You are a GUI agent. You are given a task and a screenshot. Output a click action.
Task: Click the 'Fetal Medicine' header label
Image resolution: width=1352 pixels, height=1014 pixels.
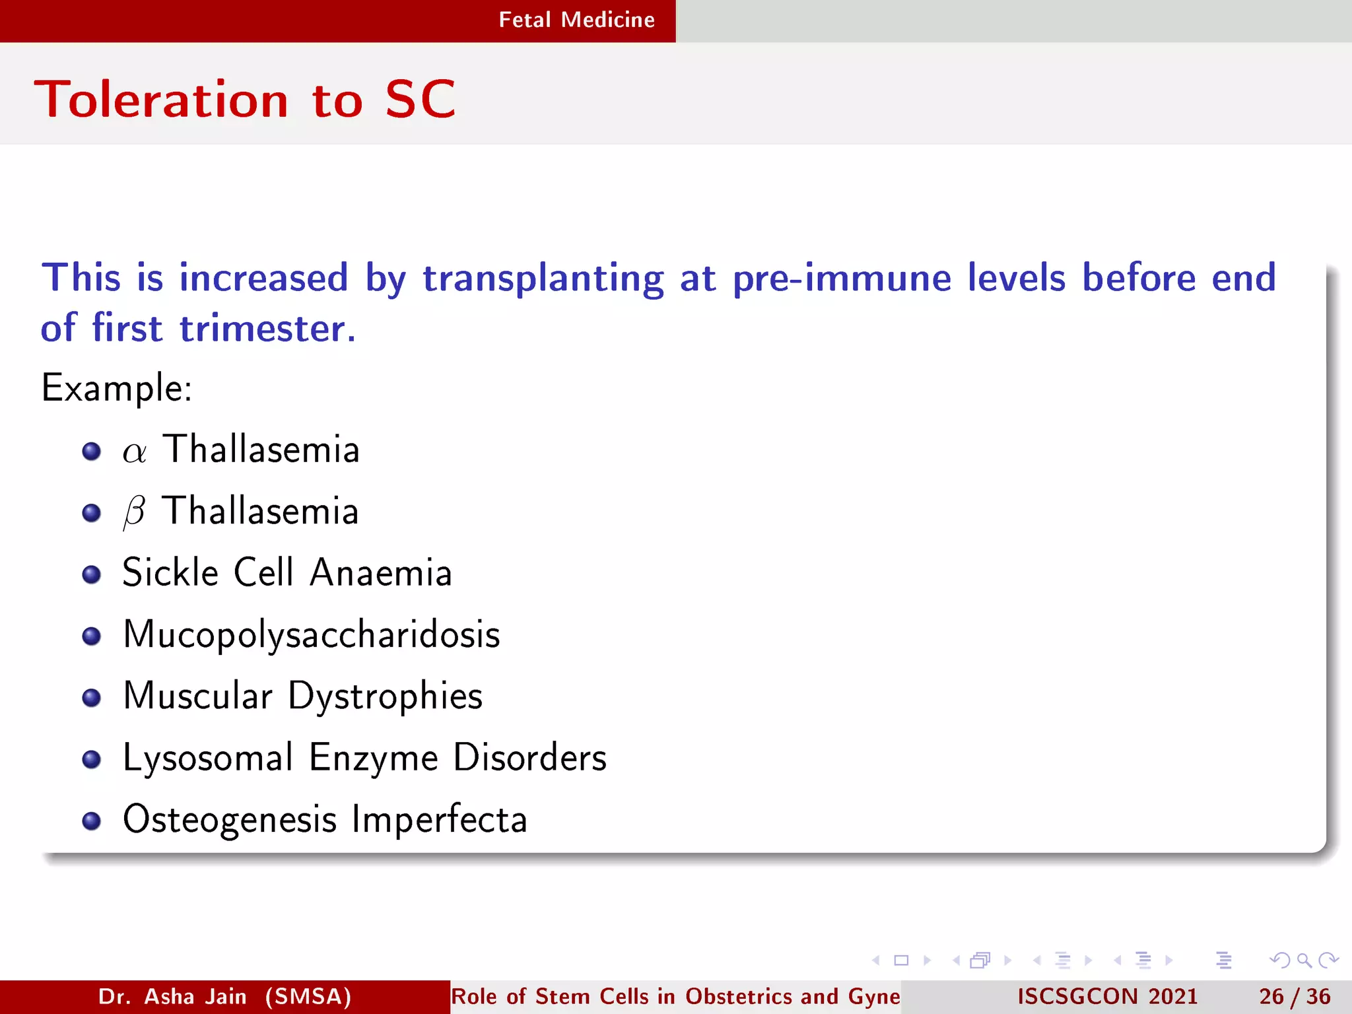(x=576, y=20)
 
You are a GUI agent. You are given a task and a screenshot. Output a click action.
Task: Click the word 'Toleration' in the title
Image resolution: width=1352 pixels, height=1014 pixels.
(x=162, y=100)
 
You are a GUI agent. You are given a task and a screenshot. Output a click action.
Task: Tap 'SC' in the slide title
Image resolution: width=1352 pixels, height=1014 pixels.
(x=420, y=100)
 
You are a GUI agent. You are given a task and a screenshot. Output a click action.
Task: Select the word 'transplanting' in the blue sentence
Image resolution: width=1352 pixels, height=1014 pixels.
(x=543, y=278)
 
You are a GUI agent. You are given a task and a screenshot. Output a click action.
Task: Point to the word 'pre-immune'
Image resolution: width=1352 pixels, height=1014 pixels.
(x=842, y=278)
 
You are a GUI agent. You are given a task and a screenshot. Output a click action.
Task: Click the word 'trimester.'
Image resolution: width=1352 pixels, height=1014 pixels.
(x=267, y=329)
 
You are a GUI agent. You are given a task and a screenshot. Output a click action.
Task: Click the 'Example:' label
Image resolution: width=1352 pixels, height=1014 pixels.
(x=117, y=388)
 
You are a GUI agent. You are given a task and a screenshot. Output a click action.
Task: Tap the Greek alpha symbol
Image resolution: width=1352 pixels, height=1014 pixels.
(x=134, y=452)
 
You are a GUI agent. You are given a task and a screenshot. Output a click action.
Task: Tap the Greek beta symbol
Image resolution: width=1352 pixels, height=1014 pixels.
(x=134, y=512)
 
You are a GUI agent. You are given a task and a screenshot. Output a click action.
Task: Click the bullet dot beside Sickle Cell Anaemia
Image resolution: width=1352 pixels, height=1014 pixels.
(x=92, y=574)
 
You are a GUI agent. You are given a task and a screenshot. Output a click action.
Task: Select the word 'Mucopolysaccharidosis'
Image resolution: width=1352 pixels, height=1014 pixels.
(x=312, y=635)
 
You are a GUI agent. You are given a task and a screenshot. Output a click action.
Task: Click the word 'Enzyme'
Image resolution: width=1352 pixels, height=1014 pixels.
(x=373, y=757)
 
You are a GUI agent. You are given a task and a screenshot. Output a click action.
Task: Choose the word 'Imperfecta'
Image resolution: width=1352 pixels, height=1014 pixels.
(x=439, y=820)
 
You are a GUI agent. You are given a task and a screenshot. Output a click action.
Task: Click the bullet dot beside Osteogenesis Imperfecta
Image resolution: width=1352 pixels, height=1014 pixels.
(x=92, y=821)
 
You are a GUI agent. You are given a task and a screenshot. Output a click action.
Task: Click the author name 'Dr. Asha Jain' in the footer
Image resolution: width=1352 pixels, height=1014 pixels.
(x=172, y=996)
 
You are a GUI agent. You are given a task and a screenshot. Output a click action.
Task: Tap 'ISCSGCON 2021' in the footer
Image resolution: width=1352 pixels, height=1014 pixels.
(x=1107, y=996)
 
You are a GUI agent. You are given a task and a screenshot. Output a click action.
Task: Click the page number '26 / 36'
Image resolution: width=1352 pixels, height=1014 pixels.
(x=1295, y=996)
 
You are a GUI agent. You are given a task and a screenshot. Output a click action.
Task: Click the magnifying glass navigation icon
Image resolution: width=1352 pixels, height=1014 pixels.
(x=1304, y=961)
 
